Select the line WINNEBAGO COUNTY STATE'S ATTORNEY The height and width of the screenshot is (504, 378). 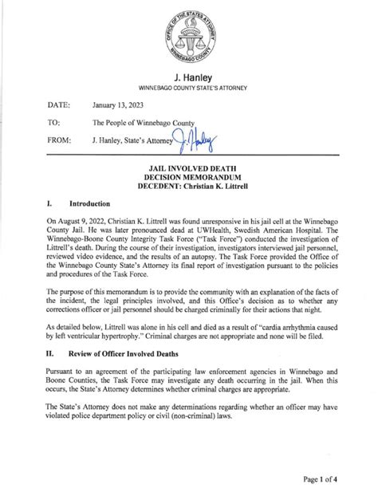[x=189, y=89]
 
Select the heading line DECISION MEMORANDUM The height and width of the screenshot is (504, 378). [x=189, y=179]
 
